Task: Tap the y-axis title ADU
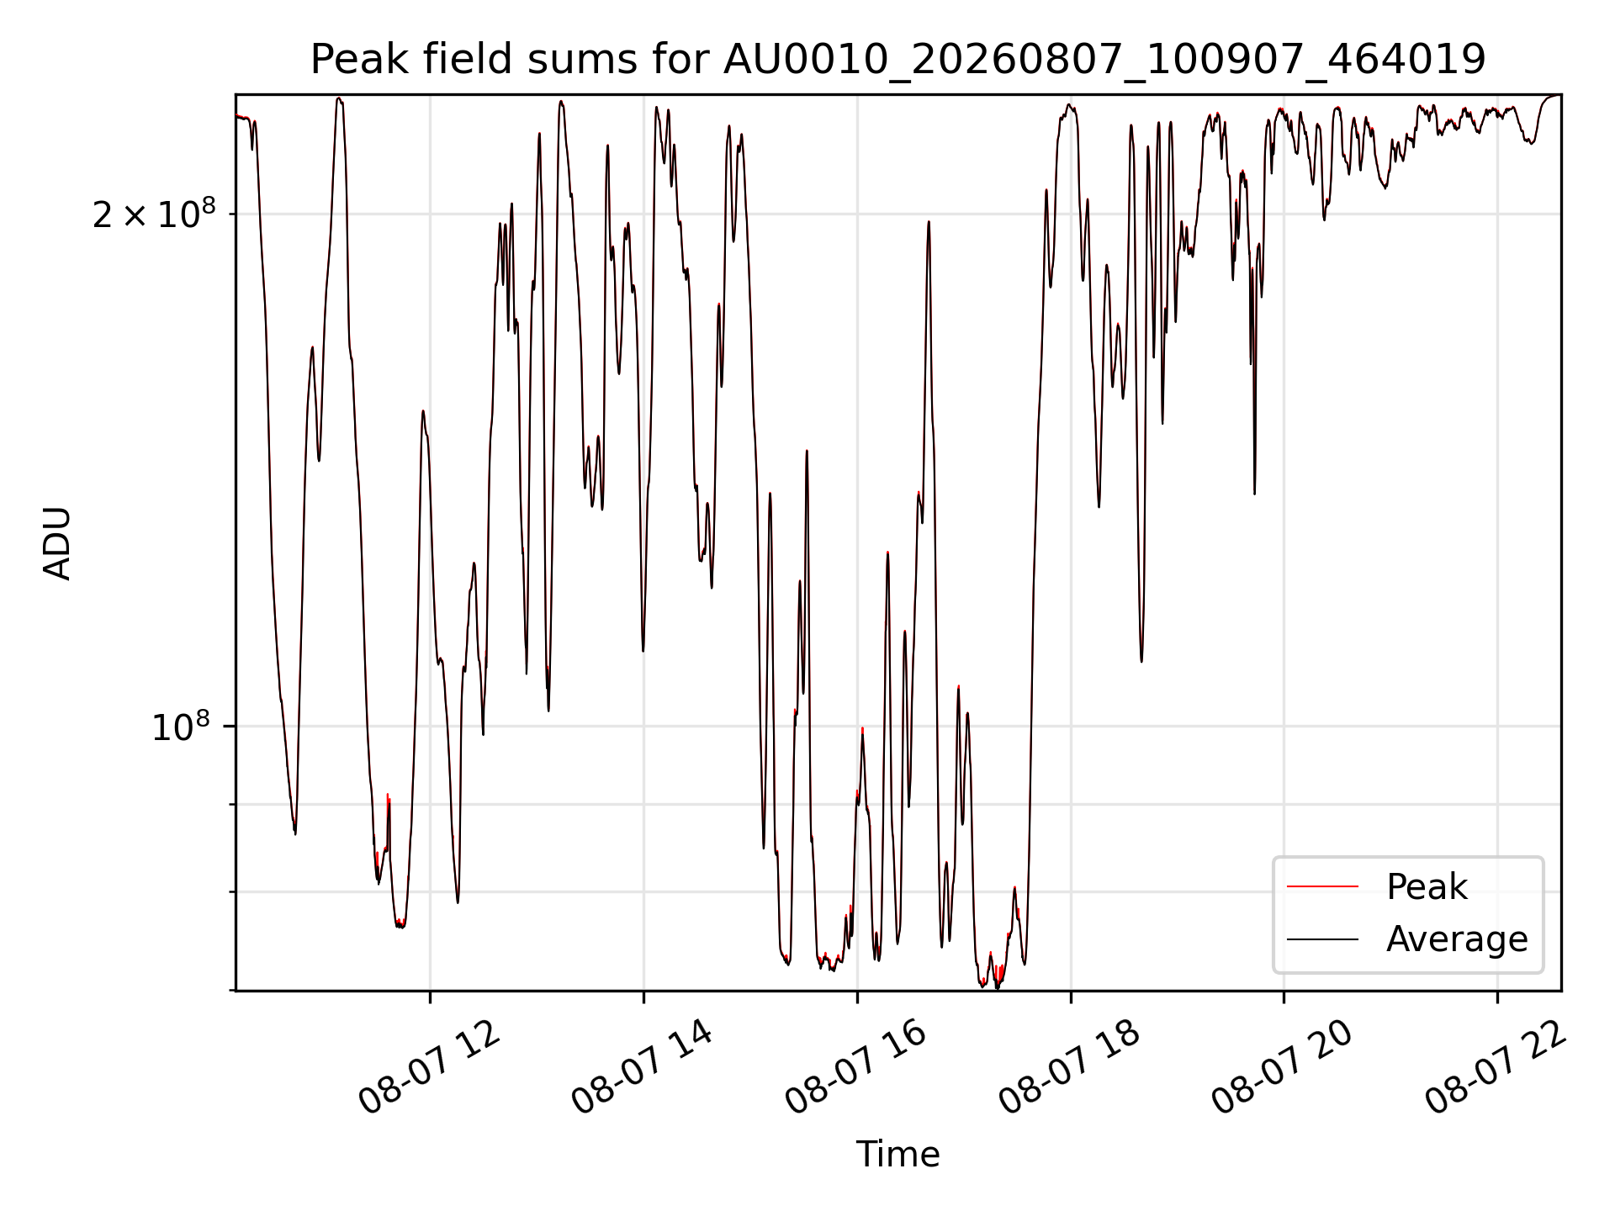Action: click(57, 543)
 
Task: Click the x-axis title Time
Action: click(898, 1155)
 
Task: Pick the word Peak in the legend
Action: click(1427, 887)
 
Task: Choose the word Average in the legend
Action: click(1457, 939)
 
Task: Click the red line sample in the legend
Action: click(1322, 886)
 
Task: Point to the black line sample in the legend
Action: click(1322, 939)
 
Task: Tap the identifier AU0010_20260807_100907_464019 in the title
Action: click(1104, 61)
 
